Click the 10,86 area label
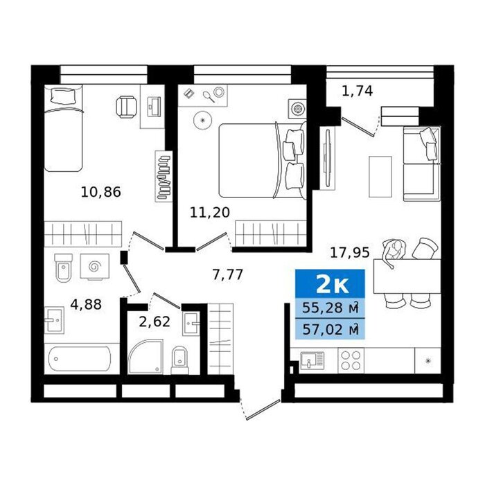[101, 192]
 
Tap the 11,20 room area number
[210, 213]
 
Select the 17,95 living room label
[350, 253]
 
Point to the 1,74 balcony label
[358, 91]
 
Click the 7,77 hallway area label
[228, 274]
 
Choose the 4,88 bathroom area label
[86, 304]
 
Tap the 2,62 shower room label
[155, 321]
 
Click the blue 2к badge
[330, 284]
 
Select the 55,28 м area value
[330, 308]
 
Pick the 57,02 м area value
[330, 329]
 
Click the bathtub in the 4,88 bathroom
[80, 359]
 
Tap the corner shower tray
[145, 356]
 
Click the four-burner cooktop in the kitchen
[351, 361]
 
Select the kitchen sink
[312, 360]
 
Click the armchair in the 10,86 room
[127, 107]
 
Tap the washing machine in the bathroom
[95, 267]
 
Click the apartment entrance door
[263, 409]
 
